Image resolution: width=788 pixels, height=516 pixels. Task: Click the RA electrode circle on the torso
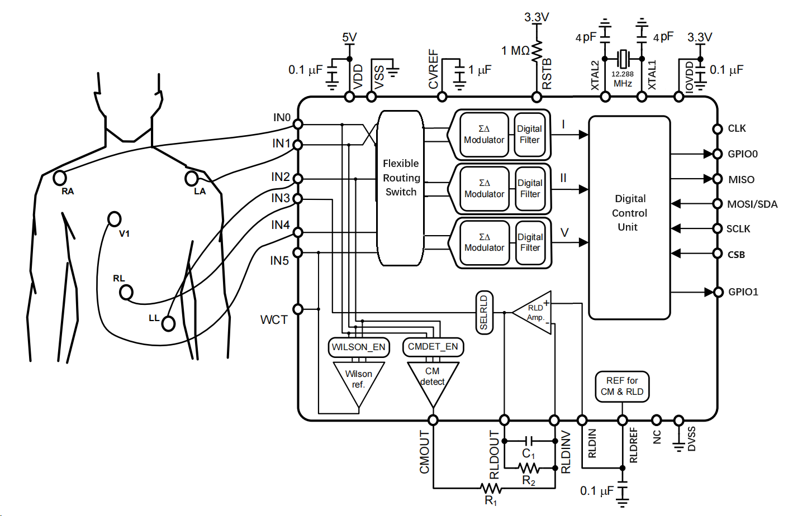[59, 178]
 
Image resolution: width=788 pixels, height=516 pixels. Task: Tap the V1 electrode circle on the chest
[114, 218]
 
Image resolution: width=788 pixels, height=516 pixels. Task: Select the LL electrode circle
[168, 323]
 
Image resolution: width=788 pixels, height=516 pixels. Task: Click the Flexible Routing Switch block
[400, 188]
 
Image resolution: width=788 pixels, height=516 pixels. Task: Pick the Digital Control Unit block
[629, 217]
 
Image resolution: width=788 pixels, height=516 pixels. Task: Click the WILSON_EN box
[358, 347]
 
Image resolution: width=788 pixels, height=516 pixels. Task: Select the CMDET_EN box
[433, 347]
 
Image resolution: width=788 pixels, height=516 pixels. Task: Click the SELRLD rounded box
[484, 312]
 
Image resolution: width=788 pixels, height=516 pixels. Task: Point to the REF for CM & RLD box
[622, 386]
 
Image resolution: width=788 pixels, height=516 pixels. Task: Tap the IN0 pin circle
[298, 124]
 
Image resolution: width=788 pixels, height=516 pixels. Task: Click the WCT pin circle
[298, 309]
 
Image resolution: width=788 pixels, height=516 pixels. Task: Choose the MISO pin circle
[718, 179]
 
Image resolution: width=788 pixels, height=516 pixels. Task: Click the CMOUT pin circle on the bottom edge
[433, 420]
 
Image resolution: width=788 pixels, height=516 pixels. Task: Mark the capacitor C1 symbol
[529, 441]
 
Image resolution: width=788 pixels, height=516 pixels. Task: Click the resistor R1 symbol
[491, 488]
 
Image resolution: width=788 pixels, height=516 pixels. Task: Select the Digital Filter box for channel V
[530, 243]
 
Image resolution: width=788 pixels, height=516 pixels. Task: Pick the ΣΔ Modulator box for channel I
[484, 135]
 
